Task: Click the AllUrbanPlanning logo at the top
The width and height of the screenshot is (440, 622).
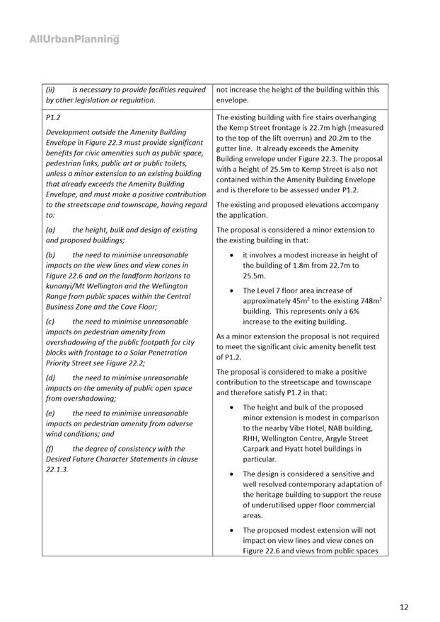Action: (74, 40)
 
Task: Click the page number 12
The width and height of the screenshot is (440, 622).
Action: (404, 606)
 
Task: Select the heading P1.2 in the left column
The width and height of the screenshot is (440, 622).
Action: (53, 117)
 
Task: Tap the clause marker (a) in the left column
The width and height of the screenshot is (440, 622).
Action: (51, 230)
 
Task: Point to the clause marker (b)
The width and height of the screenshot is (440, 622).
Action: (51, 254)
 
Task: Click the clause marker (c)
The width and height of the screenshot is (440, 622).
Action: (50, 321)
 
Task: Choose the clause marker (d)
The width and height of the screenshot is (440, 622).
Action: (51, 377)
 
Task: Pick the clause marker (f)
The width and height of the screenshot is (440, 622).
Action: (50, 448)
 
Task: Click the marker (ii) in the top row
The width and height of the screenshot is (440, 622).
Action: (51, 90)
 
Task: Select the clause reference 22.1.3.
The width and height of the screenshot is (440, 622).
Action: (57, 469)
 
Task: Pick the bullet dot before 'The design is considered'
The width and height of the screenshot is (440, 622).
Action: (233, 474)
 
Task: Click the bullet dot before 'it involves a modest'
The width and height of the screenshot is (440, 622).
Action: (233, 254)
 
